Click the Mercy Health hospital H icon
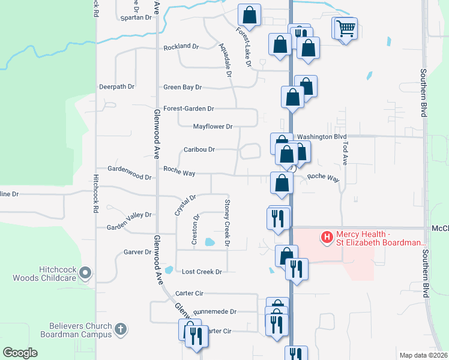327,238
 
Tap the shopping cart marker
346,28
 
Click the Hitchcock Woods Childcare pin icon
85,273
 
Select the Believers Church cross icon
120,329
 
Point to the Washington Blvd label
322,137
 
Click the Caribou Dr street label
199,149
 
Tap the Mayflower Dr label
212,127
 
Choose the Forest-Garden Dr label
193,109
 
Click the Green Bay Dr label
182,87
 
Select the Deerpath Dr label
116,86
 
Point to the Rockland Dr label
181,46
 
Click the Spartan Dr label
136,17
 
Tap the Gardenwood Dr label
129,177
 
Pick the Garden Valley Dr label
129,214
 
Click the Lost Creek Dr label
202,272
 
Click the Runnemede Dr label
215,312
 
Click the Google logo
20,353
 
